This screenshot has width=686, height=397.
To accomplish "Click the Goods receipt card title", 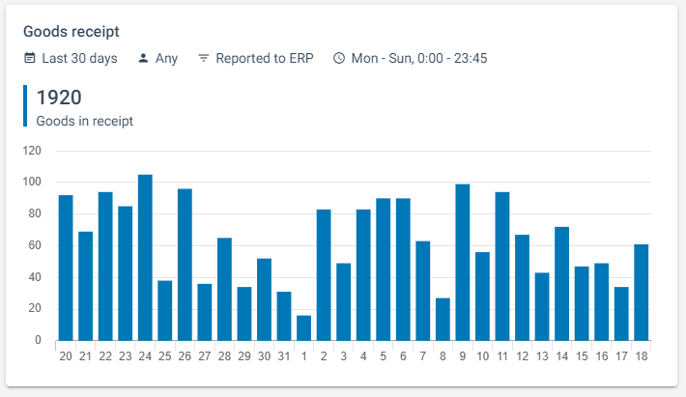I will tap(71, 32).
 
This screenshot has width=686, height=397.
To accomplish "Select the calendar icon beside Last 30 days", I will tap(30, 58).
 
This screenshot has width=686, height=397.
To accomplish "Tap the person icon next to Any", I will tap(143, 58).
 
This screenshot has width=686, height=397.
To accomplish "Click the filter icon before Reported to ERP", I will tap(203, 58).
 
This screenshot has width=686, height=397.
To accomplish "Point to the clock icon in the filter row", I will tap(339, 58).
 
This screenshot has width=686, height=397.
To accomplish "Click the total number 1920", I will tap(58, 98).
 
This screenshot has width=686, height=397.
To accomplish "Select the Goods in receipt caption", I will tap(84, 122).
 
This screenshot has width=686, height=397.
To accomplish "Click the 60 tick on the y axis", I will tap(35, 246).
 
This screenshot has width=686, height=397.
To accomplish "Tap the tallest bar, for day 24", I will tap(145, 258).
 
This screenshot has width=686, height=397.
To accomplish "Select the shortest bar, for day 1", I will tap(303, 328).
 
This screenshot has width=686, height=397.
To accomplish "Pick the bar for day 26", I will tap(185, 265).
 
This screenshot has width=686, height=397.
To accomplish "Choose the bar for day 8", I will tap(443, 320).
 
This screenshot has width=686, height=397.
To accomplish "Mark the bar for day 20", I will tap(66, 269).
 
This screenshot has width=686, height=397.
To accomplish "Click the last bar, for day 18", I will tap(641, 293).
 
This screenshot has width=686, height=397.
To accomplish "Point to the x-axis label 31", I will tap(284, 356).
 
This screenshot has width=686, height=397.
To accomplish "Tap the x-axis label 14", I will tap(561, 356).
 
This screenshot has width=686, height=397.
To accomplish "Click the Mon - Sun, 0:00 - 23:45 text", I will tap(419, 58).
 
